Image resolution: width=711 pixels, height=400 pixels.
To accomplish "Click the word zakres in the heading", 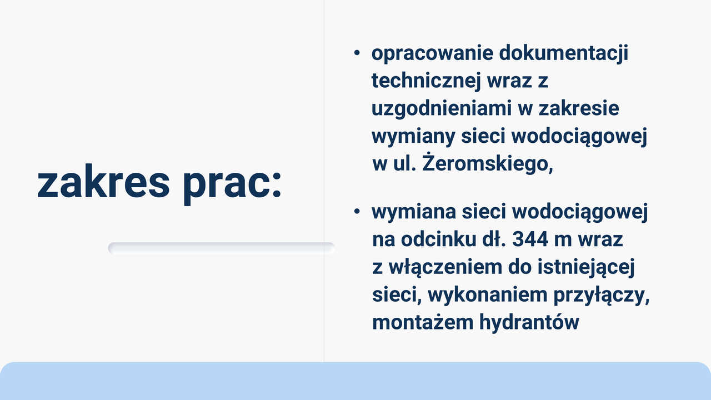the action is pyautogui.click(x=103, y=182).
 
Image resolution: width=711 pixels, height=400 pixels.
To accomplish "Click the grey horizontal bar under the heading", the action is pyautogui.click(x=221, y=248).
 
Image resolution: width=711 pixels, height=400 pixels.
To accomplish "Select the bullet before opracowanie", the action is pyautogui.click(x=357, y=53).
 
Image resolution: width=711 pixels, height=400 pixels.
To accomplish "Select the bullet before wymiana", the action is pyautogui.click(x=357, y=212).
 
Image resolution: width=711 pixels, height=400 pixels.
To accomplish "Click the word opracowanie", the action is pyautogui.click(x=432, y=54).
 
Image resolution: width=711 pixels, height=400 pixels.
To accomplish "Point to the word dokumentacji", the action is pyautogui.click(x=564, y=53).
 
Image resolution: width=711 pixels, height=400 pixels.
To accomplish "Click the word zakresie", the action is pyautogui.click(x=579, y=108).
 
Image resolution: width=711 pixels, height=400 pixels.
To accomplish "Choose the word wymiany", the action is pyautogui.click(x=413, y=137).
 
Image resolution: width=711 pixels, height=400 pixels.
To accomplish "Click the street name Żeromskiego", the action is pyautogui.click(x=488, y=163).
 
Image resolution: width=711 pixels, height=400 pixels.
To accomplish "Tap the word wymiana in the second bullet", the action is pyautogui.click(x=414, y=212).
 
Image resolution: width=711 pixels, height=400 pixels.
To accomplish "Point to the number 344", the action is pyautogui.click(x=530, y=239).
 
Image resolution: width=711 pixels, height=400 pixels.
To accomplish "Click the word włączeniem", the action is pyautogui.click(x=445, y=267).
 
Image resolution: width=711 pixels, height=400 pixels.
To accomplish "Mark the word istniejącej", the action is pyautogui.click(x=586, y=267).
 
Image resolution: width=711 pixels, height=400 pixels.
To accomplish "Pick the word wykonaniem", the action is pyautogui.click(x=488, y=295).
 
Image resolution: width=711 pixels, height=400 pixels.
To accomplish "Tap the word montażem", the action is pyautogui.click(x=422, y=323).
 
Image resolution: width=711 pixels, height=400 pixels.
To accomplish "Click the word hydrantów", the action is pyautogui.click(x=529, y=323).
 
